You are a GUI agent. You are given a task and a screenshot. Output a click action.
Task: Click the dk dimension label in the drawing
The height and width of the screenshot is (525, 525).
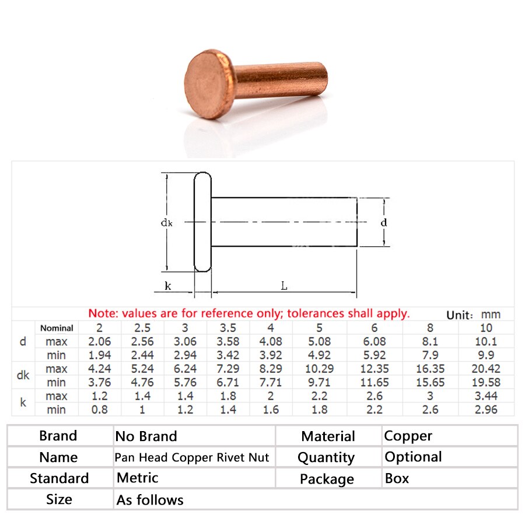[x=166, y=222]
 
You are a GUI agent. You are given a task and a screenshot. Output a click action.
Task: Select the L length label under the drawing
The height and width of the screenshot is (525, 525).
[x=284, y=286]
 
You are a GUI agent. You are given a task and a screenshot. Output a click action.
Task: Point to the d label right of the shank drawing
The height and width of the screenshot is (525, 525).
[x=384, y=222]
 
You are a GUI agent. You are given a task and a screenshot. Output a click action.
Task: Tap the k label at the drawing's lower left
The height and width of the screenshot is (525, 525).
[x=168, y=286]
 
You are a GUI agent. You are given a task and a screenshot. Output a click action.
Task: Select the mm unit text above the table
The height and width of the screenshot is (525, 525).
[x=491, y=314]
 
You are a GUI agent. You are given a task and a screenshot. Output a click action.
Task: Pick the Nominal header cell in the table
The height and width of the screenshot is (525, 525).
[x=57, y=328]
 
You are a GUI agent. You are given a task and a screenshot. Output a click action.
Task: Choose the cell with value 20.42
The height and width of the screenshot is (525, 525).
[x=486, y=369]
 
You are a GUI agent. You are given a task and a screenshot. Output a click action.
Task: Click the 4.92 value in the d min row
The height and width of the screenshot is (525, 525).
[x=319, y=355]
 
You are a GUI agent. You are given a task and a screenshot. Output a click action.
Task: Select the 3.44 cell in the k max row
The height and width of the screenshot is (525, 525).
[x=486, y=396]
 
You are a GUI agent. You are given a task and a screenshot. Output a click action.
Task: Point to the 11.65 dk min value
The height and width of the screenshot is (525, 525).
[x=374, y=383]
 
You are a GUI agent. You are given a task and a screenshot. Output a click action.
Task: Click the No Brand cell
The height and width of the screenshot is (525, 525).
[x=146, y=436]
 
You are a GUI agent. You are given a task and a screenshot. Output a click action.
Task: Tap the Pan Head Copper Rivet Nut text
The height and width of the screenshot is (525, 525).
[x=192, y=457]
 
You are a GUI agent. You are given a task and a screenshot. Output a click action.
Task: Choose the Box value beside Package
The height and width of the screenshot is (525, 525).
[x=397, y=478]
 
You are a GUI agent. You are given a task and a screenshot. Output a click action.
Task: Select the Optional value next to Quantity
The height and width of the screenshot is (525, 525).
[x=413, y=457]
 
